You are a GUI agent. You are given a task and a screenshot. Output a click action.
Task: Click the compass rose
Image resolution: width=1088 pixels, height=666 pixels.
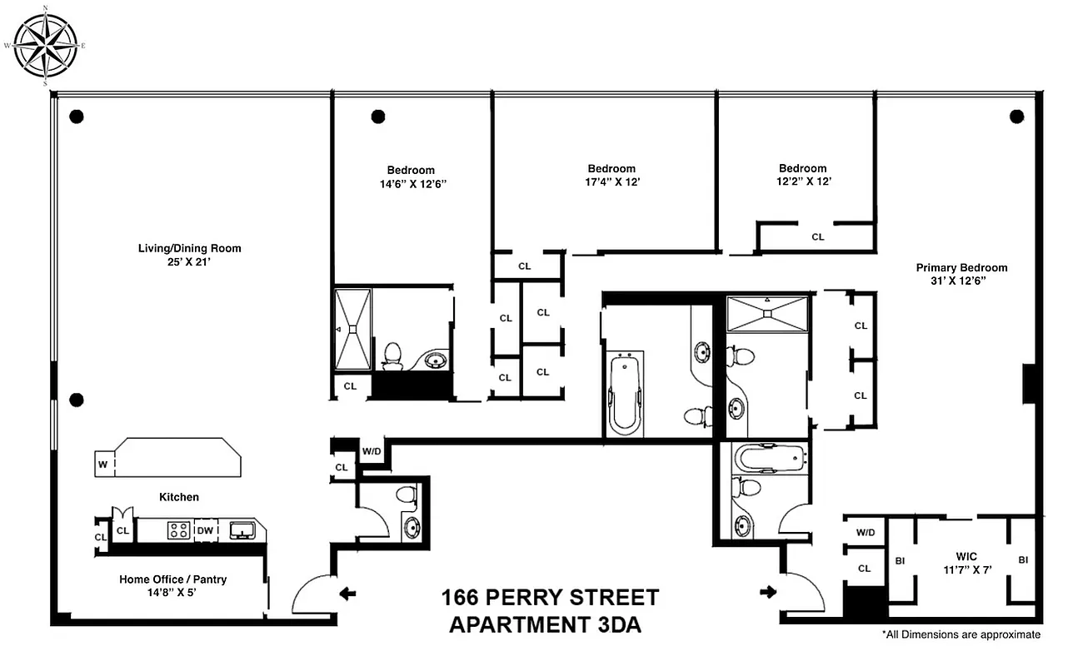click(45, 45)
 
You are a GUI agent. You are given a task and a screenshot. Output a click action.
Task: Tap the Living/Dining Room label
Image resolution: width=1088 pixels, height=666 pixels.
click(190, 248)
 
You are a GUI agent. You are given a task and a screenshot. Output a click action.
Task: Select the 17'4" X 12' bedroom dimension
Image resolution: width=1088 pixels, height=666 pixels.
click(611, 181)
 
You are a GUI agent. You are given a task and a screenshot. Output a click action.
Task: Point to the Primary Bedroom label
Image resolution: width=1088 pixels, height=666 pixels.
click(961, 268)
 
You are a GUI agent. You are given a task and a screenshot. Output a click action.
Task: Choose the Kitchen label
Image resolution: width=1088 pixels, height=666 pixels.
click(179, 497)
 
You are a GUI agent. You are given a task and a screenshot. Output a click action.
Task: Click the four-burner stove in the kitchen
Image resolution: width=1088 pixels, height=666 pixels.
click(178, 530)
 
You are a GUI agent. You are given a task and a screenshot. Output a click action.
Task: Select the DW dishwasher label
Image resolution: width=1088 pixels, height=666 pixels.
click(204, 530)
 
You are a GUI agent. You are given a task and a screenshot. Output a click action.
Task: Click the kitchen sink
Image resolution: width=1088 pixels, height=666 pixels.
click(242, 530)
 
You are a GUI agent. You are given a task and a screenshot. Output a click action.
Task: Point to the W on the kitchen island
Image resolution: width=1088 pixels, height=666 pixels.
click(102, 465)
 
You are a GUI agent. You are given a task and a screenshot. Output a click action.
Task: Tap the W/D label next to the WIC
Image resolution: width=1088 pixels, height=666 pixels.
click(865, 532)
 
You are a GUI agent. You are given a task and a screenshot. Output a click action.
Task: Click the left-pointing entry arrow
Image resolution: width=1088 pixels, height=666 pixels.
click(348, 594)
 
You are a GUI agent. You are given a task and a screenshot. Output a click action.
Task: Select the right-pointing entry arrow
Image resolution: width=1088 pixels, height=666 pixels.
click(766, 593)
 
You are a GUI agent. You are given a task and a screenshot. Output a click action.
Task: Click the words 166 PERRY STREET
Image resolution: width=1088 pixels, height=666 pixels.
click(550, 598)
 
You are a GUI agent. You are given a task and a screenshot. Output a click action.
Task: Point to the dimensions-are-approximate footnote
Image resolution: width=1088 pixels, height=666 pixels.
click(961, 634)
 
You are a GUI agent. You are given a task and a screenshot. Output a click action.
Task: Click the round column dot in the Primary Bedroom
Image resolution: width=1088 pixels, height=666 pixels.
click(1016, 117)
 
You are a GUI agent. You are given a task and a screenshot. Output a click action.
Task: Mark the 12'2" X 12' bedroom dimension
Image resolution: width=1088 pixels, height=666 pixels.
click(802, 181)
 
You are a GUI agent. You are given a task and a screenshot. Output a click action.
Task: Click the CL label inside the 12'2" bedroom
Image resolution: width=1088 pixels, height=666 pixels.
click(817, 237)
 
